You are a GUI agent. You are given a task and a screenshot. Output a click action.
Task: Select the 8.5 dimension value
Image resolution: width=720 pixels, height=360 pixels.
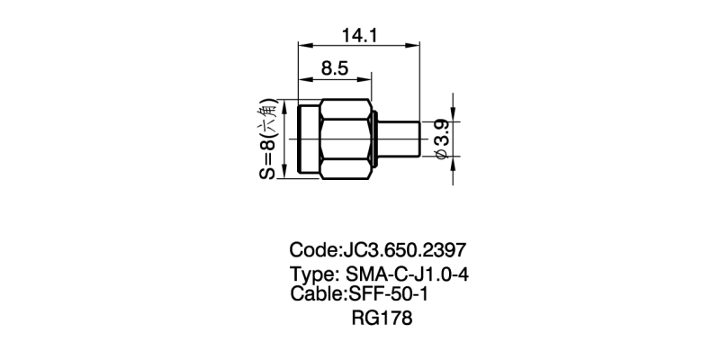point(335,68)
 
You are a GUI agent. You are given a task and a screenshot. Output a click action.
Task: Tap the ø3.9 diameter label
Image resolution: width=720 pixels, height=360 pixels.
point(442,139)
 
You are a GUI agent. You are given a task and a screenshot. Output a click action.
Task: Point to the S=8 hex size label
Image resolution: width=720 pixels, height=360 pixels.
point(268,139)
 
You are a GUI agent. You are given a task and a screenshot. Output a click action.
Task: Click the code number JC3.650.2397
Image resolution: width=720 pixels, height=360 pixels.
point(401,249)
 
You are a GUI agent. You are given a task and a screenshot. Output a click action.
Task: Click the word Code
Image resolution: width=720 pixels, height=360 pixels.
point(311,249)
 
